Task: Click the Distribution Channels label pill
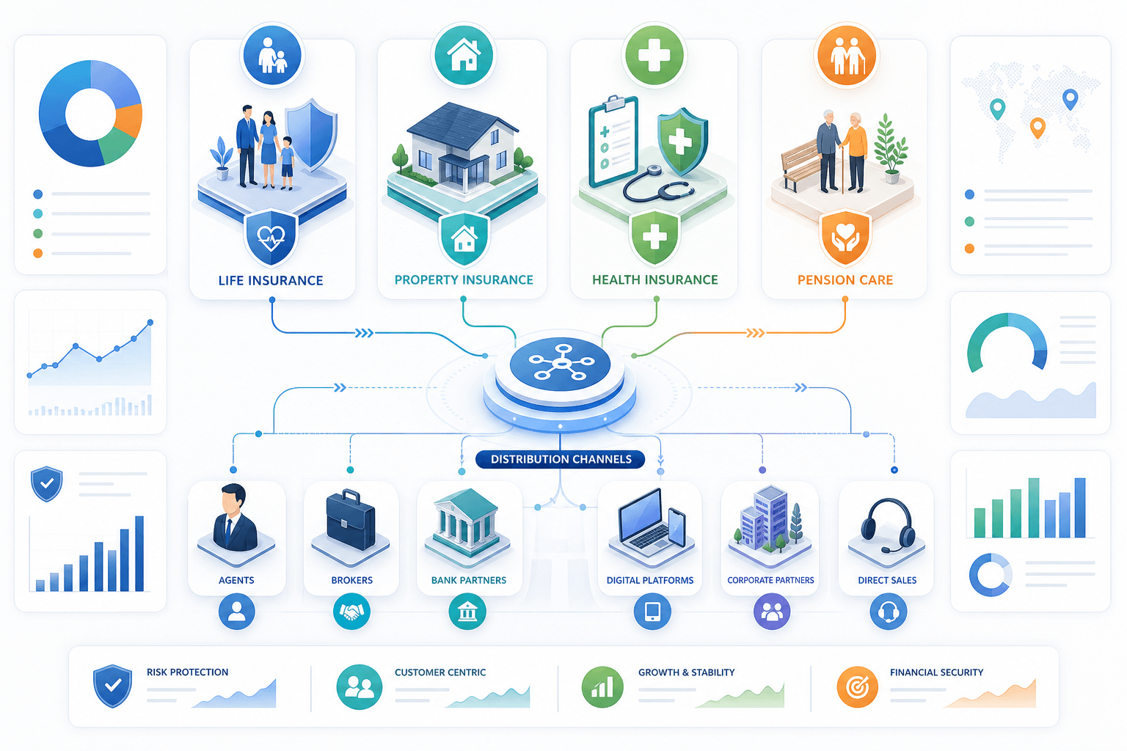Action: (560, 459)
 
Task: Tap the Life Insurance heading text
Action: (271, 280)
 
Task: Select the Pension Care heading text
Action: (845, 279)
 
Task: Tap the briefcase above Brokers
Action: (351, 521)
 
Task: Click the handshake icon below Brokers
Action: (351, 612)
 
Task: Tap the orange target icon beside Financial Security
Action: (857, 686)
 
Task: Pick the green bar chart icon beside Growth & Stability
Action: (602, 686)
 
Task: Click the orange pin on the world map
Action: (1037, 128)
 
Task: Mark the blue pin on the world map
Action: (1071, 99)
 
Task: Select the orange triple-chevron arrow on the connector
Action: (755, 333)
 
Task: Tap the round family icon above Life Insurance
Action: (272, 55)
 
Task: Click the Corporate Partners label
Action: (770, 580)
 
